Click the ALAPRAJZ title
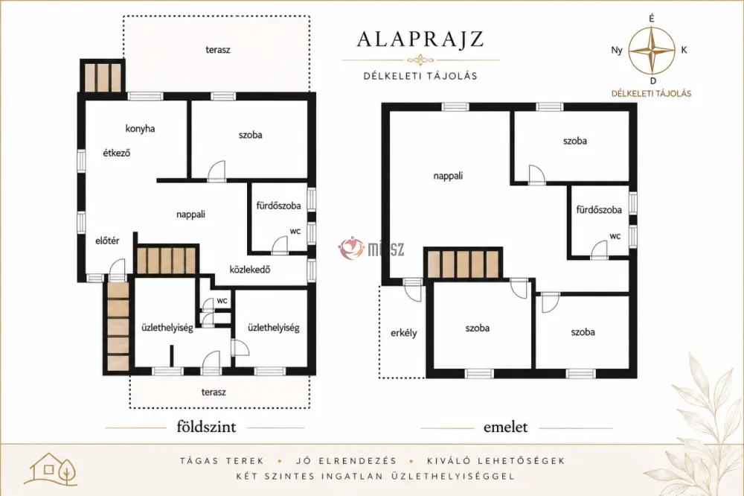click(420, 39)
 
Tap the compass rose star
click(652, 50)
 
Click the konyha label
click(140, 129)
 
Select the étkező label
click(116, 153)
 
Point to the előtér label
click(107, 241)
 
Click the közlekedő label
click(250, 270)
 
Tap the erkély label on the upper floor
click(404, 333)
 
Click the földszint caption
click(206, 427)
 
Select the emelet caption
click(505, 427)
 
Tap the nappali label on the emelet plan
click(448, 176)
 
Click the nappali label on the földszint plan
click(190, 214)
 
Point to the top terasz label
click(218, 49)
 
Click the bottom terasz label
click(214, 392)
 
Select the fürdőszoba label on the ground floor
click(278, 206)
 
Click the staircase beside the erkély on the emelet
click(463, 264)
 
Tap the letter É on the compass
click(652, 19)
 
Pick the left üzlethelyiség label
click(167, 328)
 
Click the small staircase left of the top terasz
click(103, 77)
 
